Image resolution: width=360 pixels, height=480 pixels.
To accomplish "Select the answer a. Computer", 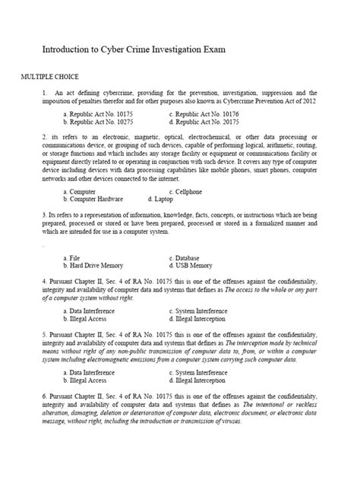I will [81, 191].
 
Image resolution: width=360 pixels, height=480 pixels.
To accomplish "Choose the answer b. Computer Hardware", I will [93, 199].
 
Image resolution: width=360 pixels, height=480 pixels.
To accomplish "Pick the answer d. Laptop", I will [183, 199].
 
